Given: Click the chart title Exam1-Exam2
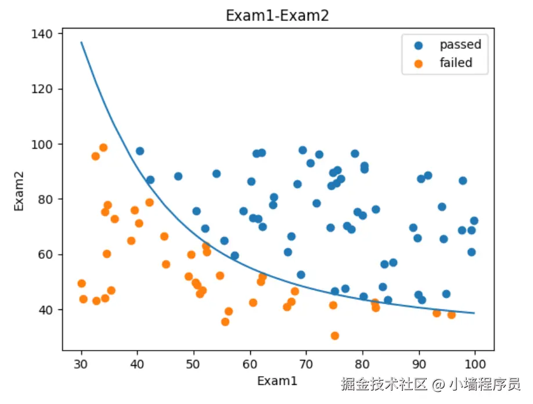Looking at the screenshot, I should (277, 16).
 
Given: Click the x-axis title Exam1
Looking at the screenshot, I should (277, 381).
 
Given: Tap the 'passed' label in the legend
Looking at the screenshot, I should (460, 45).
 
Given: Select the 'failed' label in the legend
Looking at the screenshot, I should (456, 63).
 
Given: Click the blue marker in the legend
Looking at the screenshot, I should (418, 45).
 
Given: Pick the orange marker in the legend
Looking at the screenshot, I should (418, 63).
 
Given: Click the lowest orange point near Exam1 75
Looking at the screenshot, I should (334, 336).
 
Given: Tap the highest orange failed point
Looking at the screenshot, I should (103, 147).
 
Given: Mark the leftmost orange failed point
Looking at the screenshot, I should (81, 283).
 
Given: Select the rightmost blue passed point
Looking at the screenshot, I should (474, 221).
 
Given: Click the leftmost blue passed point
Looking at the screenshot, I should (139, 151).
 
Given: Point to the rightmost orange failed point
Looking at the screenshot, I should (451, 315).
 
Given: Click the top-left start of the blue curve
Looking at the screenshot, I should (81, 42).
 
